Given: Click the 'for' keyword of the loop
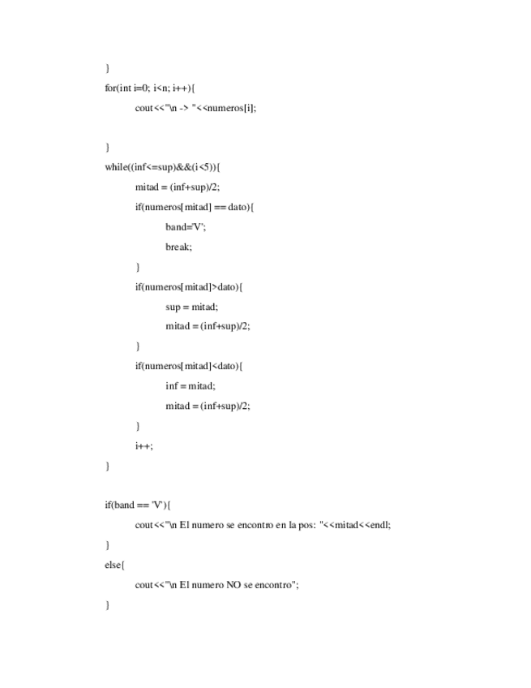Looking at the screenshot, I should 110,88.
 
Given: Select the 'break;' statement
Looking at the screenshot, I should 179,247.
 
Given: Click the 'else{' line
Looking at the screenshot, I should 113,565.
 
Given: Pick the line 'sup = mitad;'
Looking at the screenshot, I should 192,307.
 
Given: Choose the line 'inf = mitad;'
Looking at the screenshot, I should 191,386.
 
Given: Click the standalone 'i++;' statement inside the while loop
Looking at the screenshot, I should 144,445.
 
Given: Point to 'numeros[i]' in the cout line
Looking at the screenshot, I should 236,108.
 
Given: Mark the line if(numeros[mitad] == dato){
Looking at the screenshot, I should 195,207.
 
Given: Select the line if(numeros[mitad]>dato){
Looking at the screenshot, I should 189,286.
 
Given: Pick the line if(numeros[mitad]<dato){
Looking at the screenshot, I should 189,366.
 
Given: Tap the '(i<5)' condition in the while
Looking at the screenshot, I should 203,167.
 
